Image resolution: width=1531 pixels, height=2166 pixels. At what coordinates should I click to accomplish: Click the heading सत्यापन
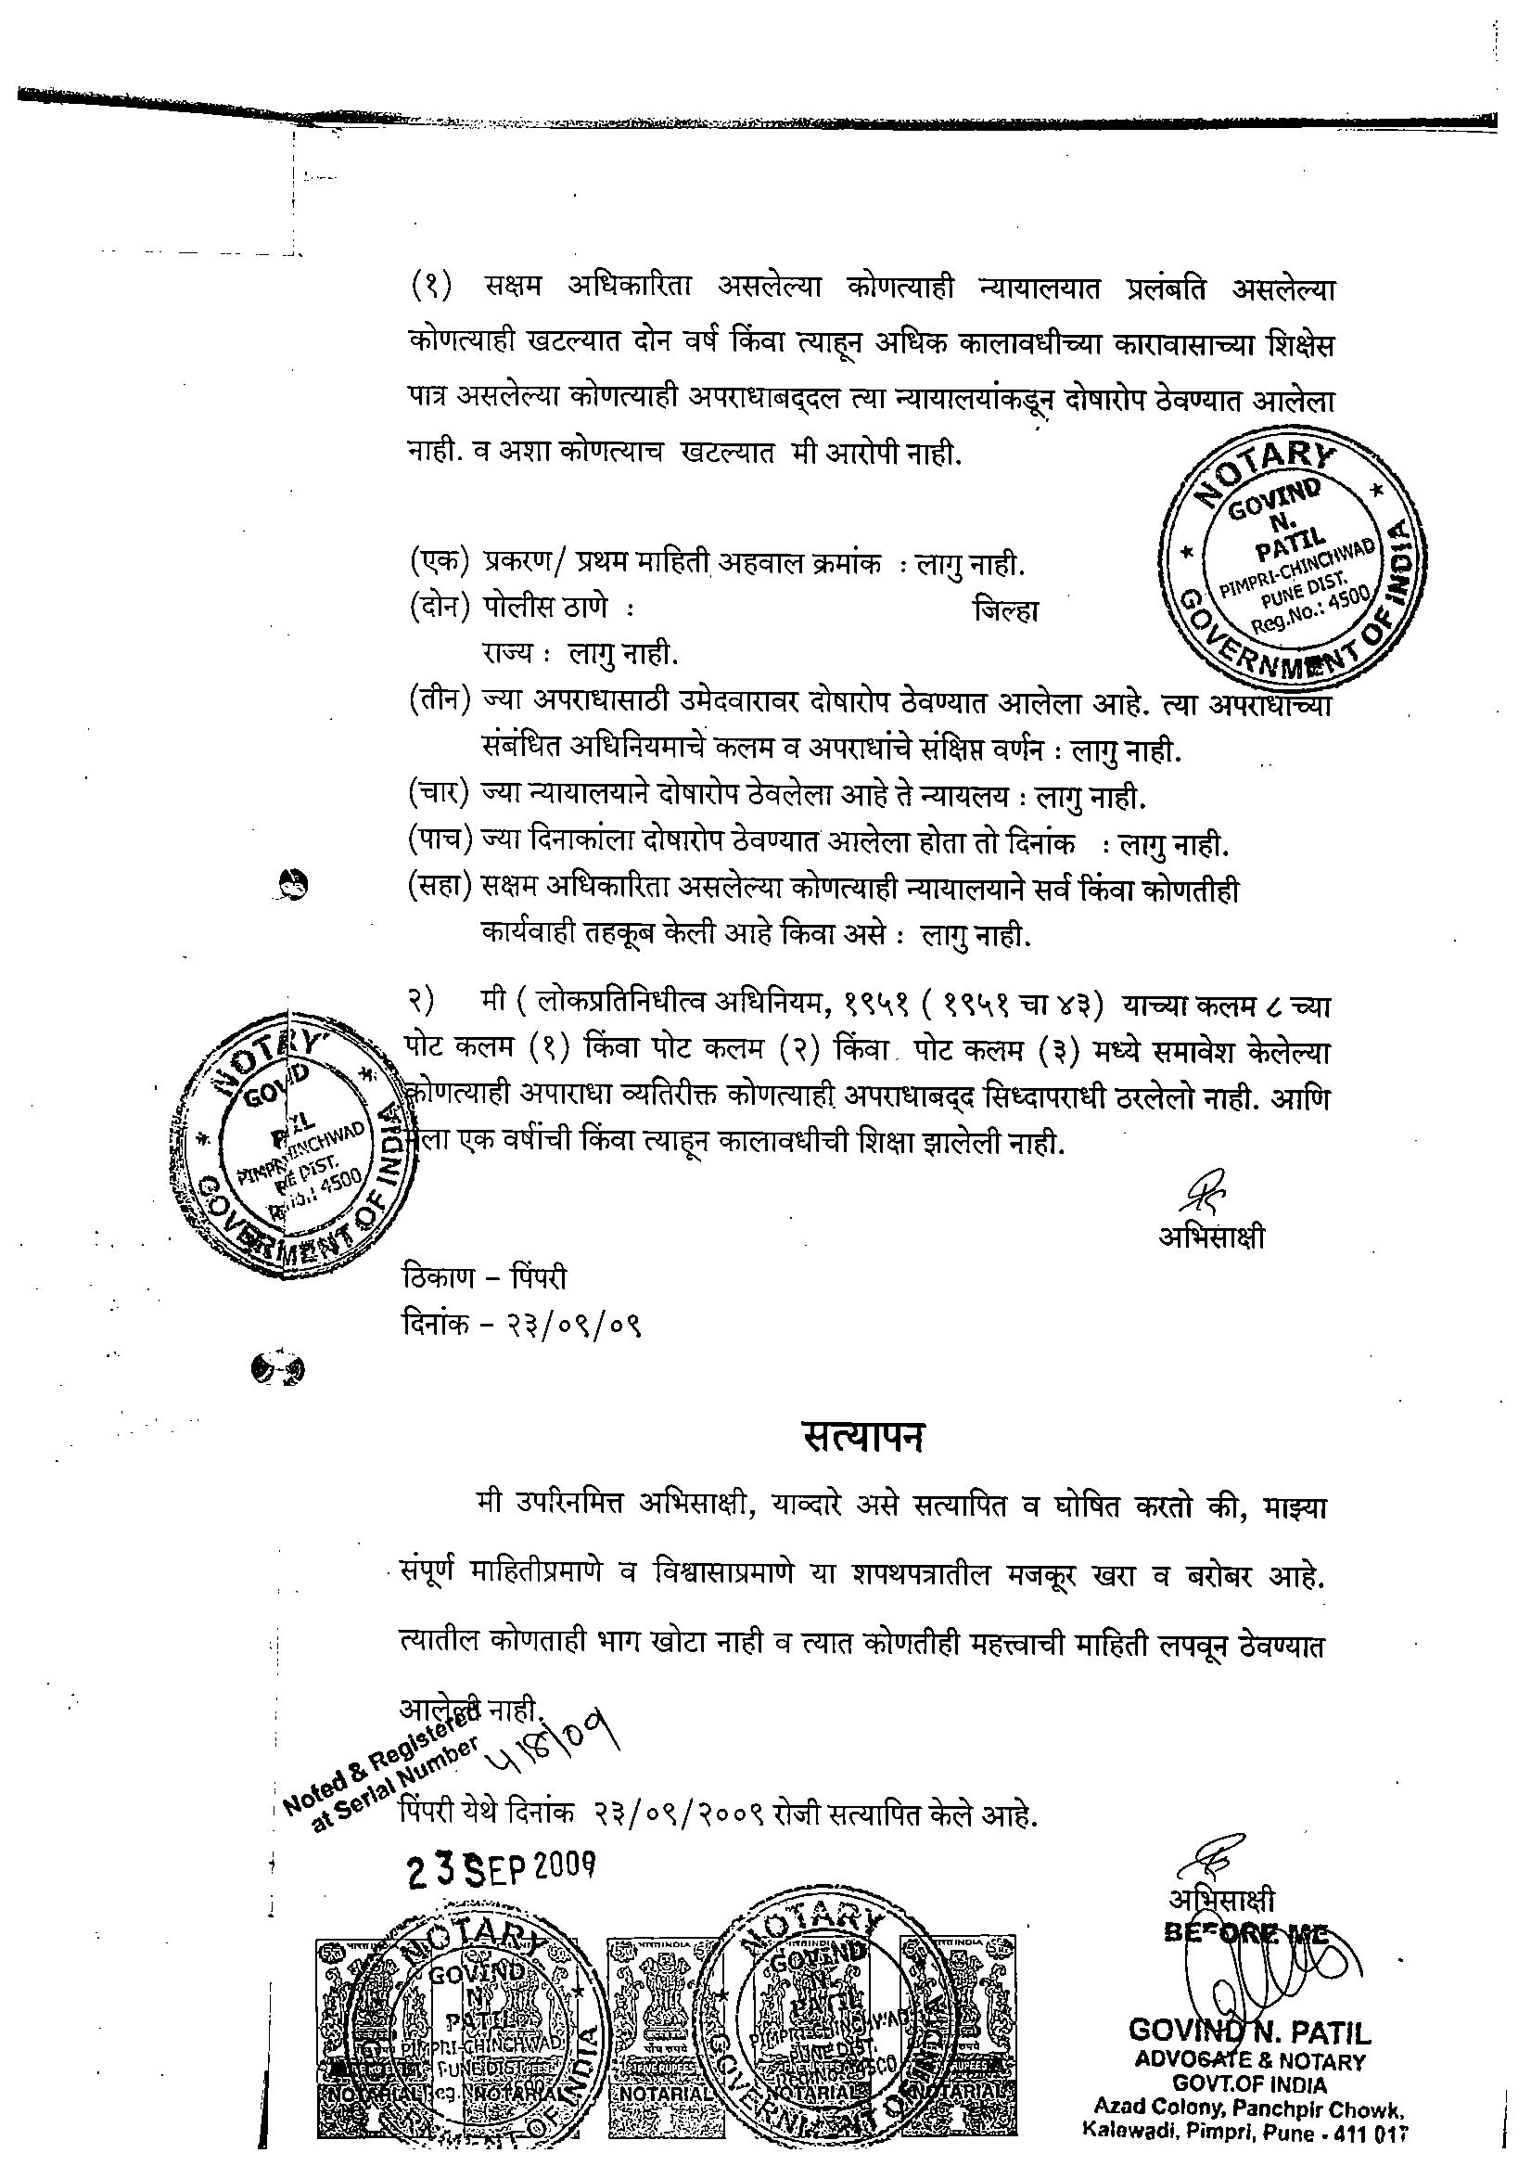862,1436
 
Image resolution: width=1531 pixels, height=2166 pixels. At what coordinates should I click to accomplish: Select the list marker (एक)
440,563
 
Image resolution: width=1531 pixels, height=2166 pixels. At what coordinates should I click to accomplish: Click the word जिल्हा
1005,611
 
